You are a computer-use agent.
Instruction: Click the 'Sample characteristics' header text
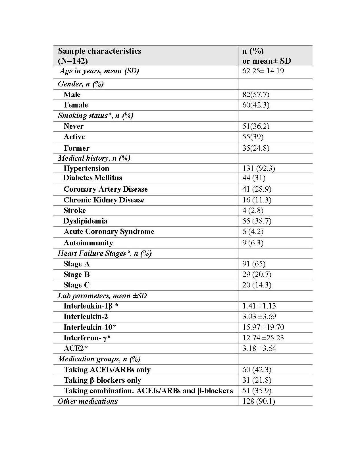(x=99, y=51)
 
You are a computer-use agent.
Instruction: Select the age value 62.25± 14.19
(x=263, y=71)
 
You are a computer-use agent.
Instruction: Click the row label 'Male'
(x=72, y=95)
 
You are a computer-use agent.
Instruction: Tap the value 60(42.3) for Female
(x=256, y=105)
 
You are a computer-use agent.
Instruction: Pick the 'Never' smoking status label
(x=74, y=126)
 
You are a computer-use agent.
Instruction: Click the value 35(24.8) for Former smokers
(x=256, y=148)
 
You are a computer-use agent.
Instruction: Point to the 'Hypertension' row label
(x=86, y=168)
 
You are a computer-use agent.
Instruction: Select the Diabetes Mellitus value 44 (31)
(x=254, y=178)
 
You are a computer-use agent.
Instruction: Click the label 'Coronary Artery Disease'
(x=105, y=189)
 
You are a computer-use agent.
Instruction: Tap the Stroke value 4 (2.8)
(x=253, y=210)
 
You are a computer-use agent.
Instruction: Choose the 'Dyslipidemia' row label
(x=85, y=221)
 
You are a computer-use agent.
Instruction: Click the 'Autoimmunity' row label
(x=88, y=243)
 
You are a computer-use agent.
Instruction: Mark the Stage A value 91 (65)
(x=254, y=264)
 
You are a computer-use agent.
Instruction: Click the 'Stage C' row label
(x=76, y=285)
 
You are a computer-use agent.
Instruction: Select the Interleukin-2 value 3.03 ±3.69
(x=259, y=316)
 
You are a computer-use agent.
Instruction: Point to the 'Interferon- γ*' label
(x=87, y=338)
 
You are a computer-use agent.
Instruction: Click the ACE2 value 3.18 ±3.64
(x=259, y=348)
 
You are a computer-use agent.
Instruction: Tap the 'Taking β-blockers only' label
(x=102, y=380)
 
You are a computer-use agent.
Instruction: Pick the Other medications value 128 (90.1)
(x=258, y=401)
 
